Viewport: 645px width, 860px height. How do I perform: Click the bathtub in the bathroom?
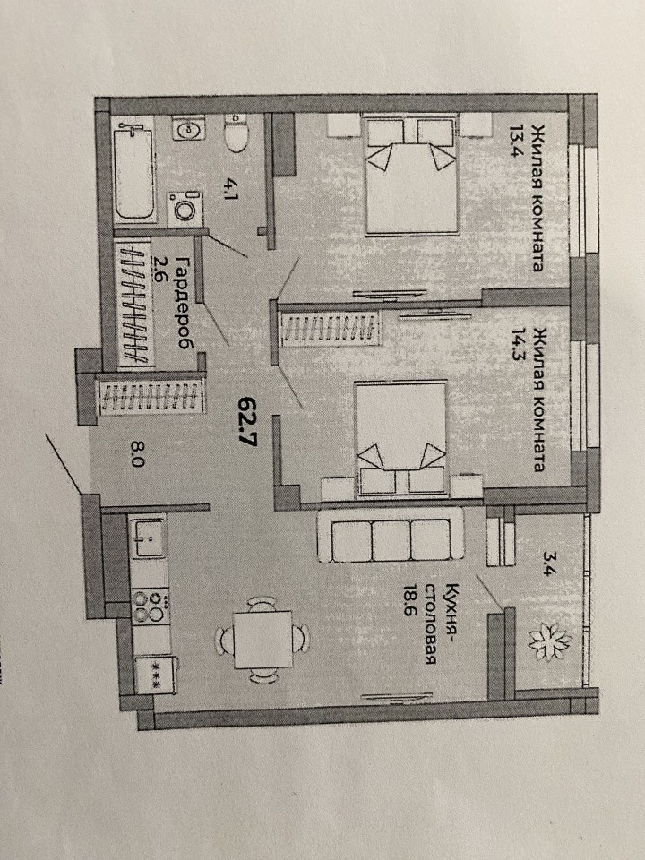(133, 173)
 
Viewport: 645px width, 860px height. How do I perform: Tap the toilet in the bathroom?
(236, 133)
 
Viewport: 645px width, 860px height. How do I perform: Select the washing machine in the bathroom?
(185, 209)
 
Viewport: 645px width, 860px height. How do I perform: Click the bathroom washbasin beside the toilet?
(189, 129)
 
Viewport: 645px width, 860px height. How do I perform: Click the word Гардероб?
(185, 303)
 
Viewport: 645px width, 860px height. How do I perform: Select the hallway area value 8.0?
(137, 454)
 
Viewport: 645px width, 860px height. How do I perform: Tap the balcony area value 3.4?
(548, 563)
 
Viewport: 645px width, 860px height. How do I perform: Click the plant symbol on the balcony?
(549, 641)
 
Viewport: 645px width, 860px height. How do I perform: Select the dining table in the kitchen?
(263, 640)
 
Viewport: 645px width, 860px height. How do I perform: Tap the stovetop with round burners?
(150, 606)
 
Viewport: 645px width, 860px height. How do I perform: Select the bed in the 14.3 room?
(401, 439)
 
